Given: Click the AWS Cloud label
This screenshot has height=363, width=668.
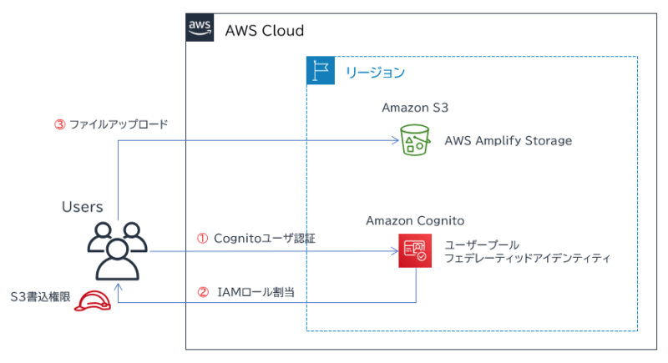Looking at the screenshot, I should tap(264, 31).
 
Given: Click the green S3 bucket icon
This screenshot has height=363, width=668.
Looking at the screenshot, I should tap(413, 141).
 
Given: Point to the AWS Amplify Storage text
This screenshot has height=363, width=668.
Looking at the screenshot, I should tap(508, 141).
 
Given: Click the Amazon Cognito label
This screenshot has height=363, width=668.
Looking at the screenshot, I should tap(414, 220).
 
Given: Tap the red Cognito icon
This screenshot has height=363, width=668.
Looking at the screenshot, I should tap(415, 250).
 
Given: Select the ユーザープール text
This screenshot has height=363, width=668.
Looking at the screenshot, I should tap(482, 245).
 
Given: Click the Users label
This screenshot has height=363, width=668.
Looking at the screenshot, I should tap(82, 206).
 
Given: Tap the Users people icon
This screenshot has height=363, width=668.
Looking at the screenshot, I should tap(116, 250).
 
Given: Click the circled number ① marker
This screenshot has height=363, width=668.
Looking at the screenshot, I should tap(201, 238).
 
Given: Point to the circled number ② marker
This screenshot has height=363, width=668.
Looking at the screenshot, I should tap(201, 292).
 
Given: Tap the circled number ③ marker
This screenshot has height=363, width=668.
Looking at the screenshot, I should tap(58, 124).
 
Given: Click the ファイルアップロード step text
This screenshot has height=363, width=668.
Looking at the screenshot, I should tap(118, 124).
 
